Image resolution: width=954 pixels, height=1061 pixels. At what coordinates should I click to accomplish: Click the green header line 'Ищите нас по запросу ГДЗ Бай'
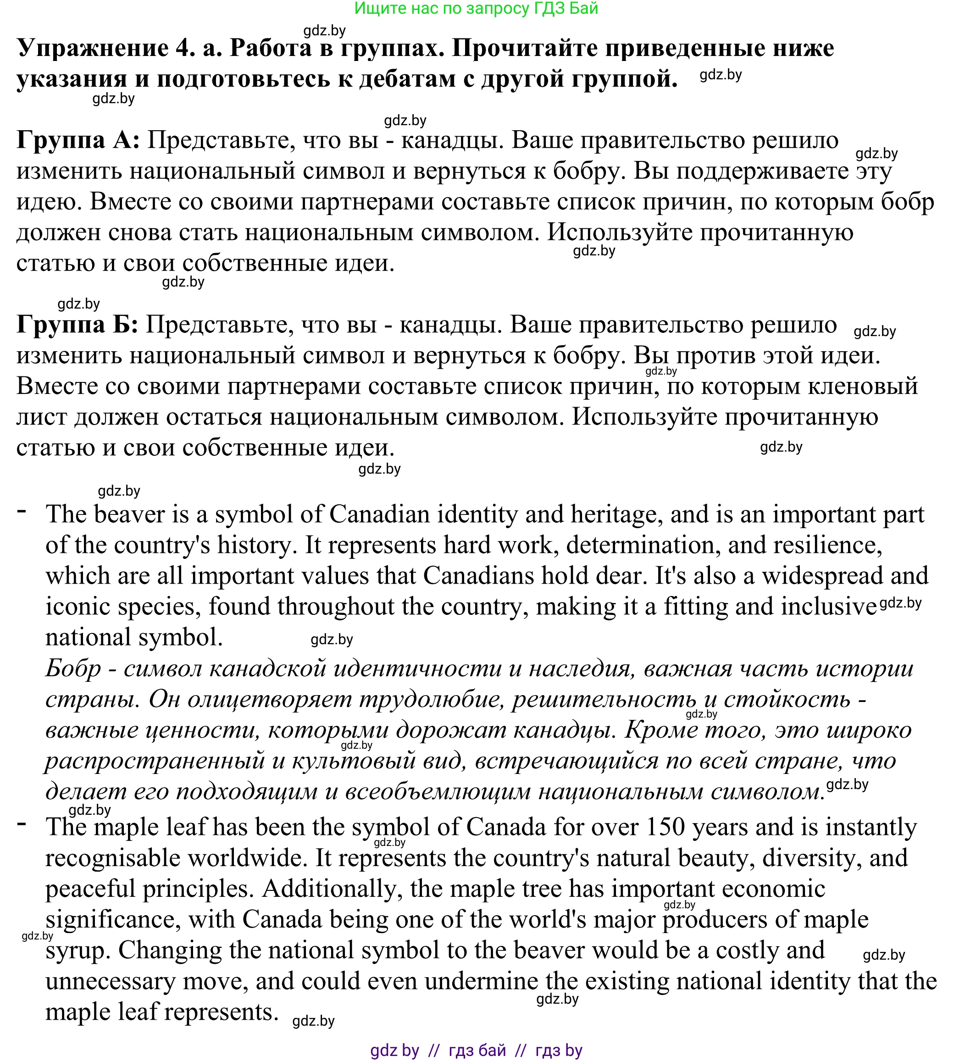tap(476, 8)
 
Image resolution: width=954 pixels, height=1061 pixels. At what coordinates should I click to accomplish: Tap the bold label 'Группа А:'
tap(78, 140)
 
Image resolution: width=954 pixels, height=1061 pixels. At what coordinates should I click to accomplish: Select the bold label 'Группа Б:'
tap(77, 325)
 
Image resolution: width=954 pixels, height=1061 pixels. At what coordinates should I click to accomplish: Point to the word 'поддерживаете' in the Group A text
tap(762, 171)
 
